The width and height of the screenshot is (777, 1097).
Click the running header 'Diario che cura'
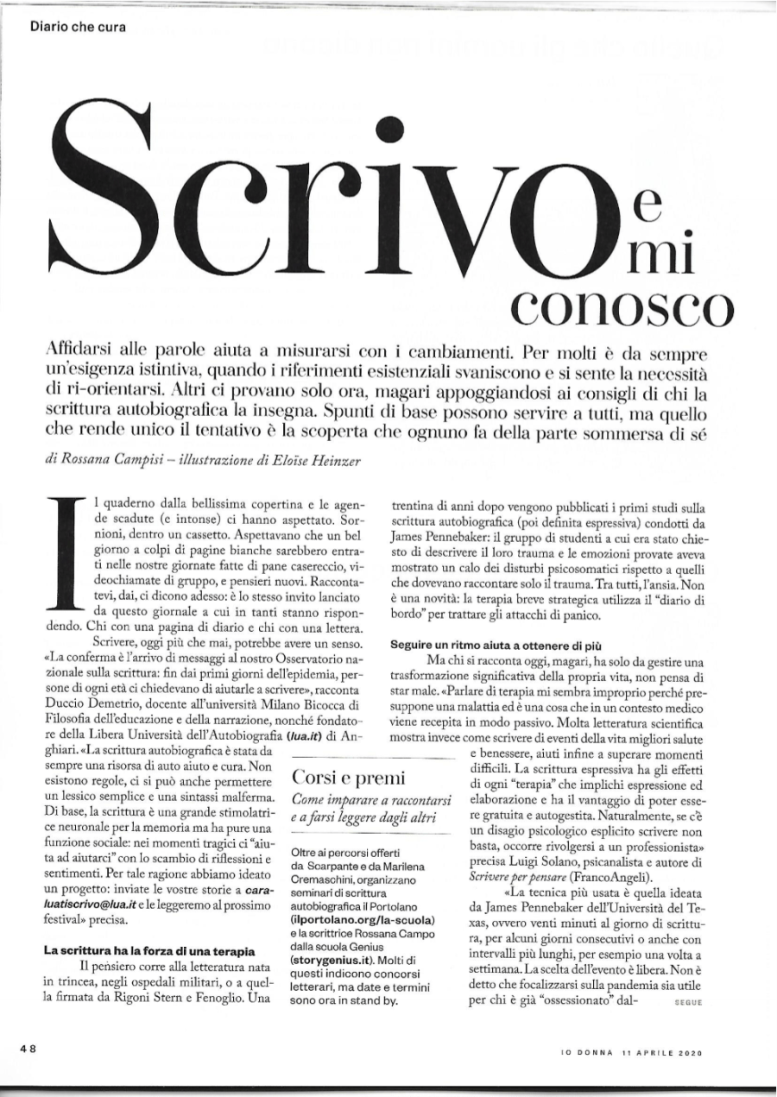pos(79,26)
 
